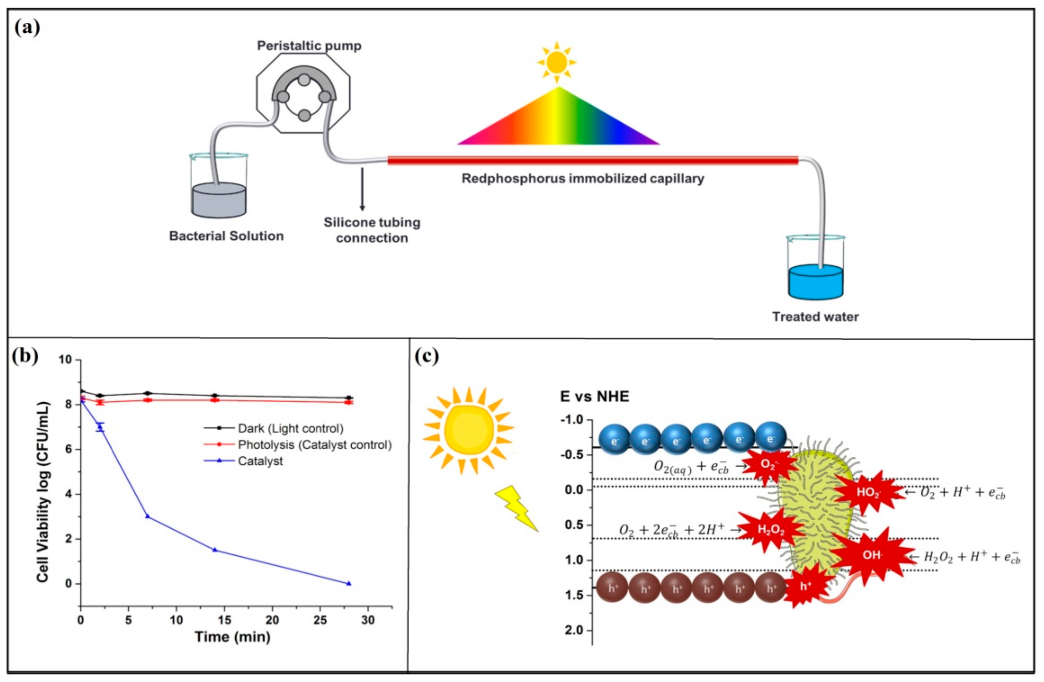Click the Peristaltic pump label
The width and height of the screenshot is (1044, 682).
coord(309,46)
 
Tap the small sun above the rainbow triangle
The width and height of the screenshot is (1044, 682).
coord(557,62)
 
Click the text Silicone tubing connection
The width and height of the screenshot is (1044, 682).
coord(372,230)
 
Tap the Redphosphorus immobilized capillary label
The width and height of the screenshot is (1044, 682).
coord(583,179)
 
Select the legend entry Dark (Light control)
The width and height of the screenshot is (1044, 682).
coord(290,428)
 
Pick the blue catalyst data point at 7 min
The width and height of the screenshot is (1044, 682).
coord(147,516)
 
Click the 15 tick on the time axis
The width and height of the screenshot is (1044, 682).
coord(224,620)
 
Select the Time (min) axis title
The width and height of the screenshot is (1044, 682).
coord(232,637)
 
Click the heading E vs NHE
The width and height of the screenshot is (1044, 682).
coord(594,397)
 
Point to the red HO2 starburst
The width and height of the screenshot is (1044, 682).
coord(868,492)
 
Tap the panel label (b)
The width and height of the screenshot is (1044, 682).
coord(25,356)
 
